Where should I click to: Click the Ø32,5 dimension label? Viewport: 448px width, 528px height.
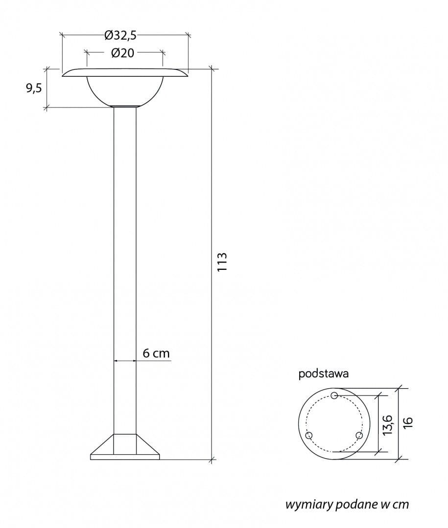120,35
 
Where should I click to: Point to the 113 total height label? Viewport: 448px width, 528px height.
222,263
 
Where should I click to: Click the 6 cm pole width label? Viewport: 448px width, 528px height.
156,353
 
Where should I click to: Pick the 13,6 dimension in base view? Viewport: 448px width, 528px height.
387,424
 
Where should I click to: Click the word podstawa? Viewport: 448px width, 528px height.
323,374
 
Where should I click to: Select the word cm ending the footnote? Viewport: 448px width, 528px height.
400,505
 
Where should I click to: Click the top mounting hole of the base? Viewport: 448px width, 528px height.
334,395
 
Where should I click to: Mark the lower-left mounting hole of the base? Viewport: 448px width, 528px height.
308,435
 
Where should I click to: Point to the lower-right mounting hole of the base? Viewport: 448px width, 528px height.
359,435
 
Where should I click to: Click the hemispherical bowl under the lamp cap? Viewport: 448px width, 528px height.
125,91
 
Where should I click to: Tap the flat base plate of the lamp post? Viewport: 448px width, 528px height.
125,457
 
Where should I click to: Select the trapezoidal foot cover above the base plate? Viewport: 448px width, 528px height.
125,444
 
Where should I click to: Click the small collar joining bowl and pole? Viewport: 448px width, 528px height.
125,106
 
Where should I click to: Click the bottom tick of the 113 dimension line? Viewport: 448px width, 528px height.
212,459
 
